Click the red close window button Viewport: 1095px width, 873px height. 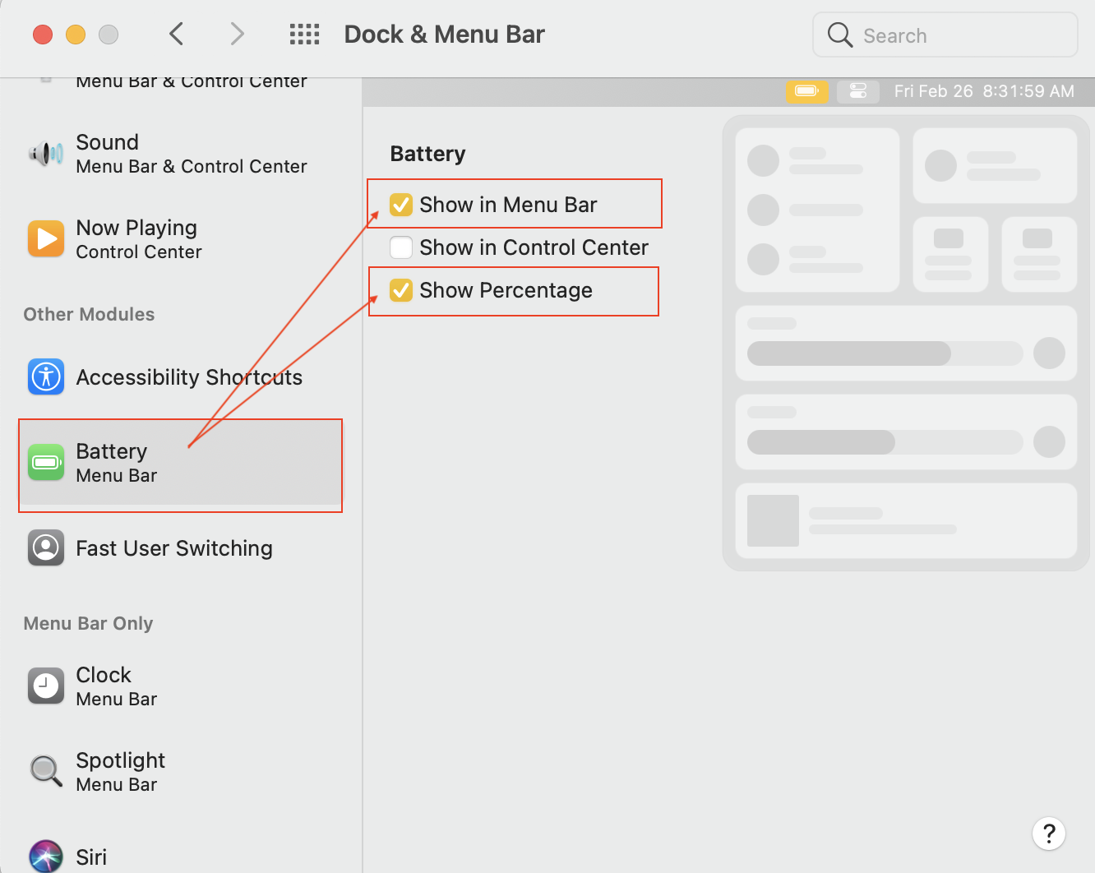coord(43,35)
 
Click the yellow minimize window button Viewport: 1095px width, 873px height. coord(76,35)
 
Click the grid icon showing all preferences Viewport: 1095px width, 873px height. coord(304,34)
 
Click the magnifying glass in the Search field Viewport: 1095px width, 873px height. coord(839,35)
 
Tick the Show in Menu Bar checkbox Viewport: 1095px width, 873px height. coord(401,205)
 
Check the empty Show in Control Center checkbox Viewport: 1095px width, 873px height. coord(401,247)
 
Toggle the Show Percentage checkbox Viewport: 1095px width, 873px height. coord(401,290)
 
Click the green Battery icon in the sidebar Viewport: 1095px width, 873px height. coord(46,462)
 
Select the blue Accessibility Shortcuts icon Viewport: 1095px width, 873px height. coord(46,376)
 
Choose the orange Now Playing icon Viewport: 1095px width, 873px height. coord(46,238)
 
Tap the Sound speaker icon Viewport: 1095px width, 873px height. coord(46,153)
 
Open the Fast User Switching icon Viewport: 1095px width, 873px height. coord(46,548)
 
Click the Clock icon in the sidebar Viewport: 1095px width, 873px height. coord(46,686)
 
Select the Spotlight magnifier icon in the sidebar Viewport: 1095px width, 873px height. coord(46,771)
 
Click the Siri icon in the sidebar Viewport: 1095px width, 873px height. coord(46,857)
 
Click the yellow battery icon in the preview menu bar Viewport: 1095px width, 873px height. coord(807,91)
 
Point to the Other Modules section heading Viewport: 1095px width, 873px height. coord(89,314)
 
